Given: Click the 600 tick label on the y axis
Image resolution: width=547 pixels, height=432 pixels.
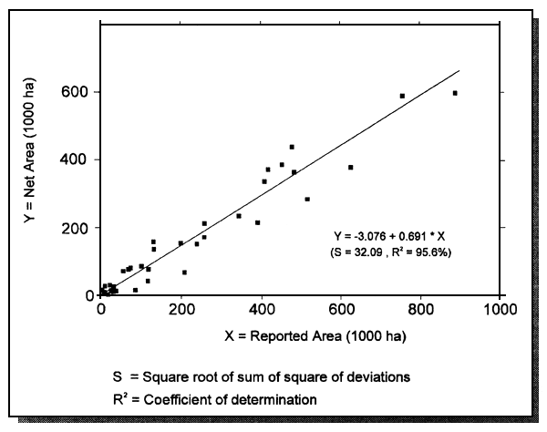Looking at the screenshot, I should tap(77, 92).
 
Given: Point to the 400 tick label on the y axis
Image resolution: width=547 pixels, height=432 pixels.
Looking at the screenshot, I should tap(77, 159).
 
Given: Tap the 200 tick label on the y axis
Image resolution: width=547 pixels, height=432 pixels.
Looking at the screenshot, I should tap(77, 228).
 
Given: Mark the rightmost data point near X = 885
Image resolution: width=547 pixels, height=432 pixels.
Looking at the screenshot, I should tap(455, 93).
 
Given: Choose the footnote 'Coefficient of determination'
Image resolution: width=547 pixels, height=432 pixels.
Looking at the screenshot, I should tap(241, 397).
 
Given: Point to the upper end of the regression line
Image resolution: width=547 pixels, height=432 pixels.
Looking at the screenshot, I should tap(460, 70).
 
